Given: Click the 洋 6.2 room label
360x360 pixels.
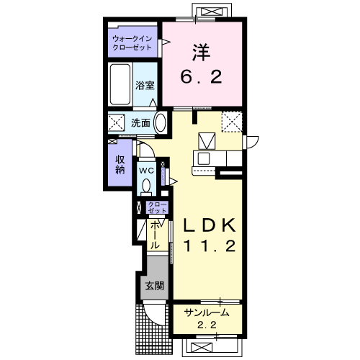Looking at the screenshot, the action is (x=201, y=64).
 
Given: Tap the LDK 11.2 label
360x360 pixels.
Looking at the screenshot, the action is (x=210, y=235).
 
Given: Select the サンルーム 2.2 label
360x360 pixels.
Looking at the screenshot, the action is (x=207, y=319).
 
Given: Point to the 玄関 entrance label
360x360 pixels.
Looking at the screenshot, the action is (x=155, y=286).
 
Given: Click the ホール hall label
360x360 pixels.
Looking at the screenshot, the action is (x=155, y=235).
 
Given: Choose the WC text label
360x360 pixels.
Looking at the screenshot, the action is (x=147, y=171).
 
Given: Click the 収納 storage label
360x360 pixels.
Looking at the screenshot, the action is (x=120, y=164).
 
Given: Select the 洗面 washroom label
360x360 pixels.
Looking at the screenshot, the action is (x=140, y=123).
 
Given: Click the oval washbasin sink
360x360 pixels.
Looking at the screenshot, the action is (x=160, y=122).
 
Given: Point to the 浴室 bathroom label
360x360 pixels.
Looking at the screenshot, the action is (x=145, y=85).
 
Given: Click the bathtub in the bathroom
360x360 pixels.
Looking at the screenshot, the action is (x=120, y=84).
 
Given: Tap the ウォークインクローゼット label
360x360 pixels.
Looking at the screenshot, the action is (x=132, y=42).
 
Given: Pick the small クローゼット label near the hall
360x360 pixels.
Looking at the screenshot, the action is (x=157, y=207).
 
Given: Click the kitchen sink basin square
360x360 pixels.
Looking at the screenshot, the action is (x=204, y=158).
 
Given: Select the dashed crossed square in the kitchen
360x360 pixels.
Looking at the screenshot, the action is (x=232, y=122).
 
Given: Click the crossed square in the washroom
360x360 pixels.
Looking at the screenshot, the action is (x=116, y=122).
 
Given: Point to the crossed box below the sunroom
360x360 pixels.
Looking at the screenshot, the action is (x=202, y=347).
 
